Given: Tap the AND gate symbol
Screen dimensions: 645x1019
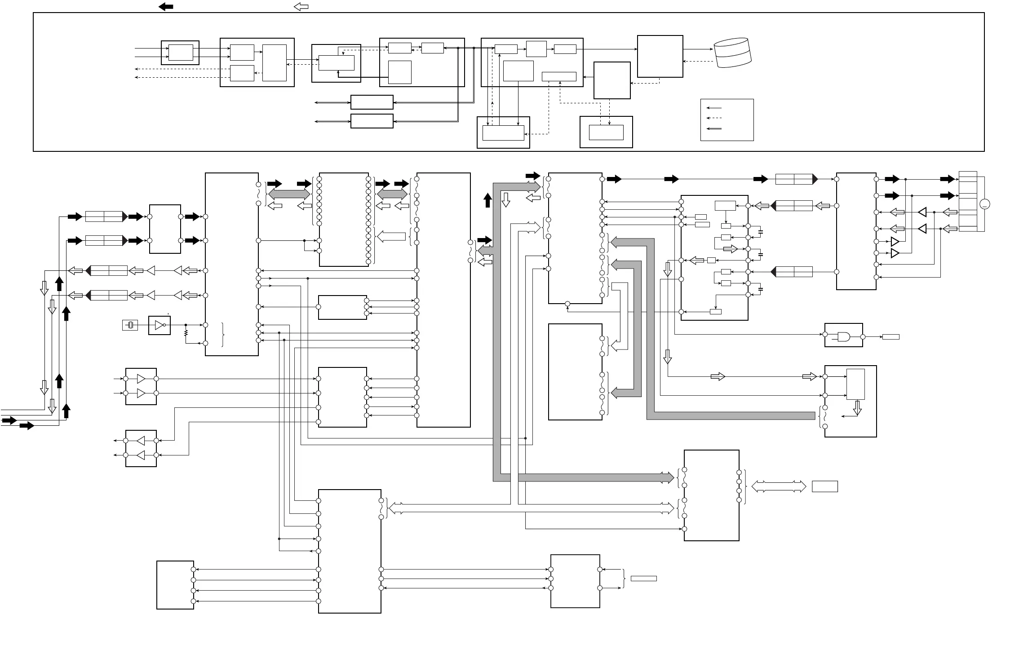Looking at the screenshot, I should [x=843, y=336].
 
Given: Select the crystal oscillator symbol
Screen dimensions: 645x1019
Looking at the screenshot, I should [x=130, y=325].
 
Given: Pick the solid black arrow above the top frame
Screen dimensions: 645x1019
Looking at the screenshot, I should [x=166, y=7].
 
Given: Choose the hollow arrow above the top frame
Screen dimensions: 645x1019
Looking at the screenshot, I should [x=301, y=7].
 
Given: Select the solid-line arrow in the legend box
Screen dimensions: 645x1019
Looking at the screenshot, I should [x=714, y=108].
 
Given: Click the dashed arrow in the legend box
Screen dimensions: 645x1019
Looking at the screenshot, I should [x=714, y=118].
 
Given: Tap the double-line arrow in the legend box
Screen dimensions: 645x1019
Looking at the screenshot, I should [x=714, y=129].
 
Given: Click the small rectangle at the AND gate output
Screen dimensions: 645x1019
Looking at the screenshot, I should [x=891, y=337].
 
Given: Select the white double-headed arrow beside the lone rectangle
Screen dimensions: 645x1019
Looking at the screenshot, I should [x=779, y=486].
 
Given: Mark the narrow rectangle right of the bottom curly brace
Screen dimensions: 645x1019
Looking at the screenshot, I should [x=643, y=579].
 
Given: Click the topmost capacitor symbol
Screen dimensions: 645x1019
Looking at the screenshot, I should [x=760, y=232].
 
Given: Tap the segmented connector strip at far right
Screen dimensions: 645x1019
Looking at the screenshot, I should [x=968, y=201].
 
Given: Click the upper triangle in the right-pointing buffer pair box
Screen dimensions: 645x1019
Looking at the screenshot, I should [x=141, y=379].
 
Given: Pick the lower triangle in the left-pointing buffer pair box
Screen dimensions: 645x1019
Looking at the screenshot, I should [x=141, y=455].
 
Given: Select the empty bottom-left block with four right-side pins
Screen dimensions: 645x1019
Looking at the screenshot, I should [x=175, y=585].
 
